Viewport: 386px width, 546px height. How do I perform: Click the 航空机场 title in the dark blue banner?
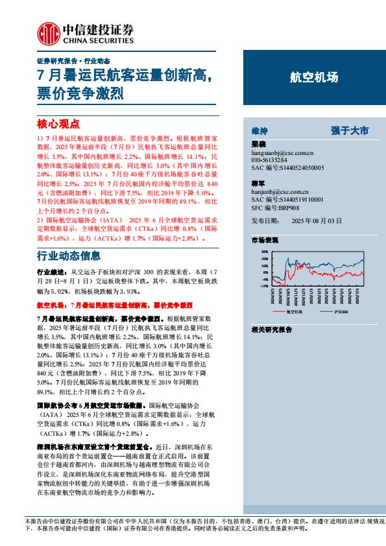click(314, 77)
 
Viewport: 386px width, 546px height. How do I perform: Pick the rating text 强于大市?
click(350, 131)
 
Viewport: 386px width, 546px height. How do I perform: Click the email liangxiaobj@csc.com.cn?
click(282, 153)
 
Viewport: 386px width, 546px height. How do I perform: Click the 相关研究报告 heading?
click(271, 329)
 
